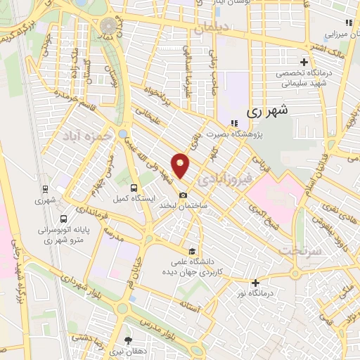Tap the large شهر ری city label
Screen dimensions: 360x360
(269, 110)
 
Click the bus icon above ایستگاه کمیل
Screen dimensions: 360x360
(134, 188)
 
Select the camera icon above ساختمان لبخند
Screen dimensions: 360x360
(183, 195)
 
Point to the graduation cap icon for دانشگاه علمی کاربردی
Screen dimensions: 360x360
(191, 251)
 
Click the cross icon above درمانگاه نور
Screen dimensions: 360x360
(255, 282)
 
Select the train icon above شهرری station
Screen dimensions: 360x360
(46, 188)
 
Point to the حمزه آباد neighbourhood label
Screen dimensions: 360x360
(86, 135)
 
